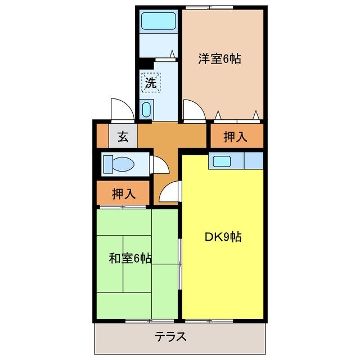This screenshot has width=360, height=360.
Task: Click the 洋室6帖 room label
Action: (x=219, y=58)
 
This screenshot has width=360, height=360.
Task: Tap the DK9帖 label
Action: (x=222, y=237)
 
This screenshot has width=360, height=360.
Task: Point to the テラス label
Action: (x=170, y=337)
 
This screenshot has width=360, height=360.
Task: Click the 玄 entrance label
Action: (x=123, y=136)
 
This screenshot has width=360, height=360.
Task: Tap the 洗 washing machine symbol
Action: (x=150, y=82)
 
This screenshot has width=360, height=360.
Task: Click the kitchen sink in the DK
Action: (x=221, y=161)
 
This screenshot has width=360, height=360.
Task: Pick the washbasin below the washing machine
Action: (x=147, y=109)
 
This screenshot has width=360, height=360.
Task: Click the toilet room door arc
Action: (x=160, y=165)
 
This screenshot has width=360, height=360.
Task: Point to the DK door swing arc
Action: (x=169, y=192)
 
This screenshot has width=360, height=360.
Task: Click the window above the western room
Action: (x=209, y=7)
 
